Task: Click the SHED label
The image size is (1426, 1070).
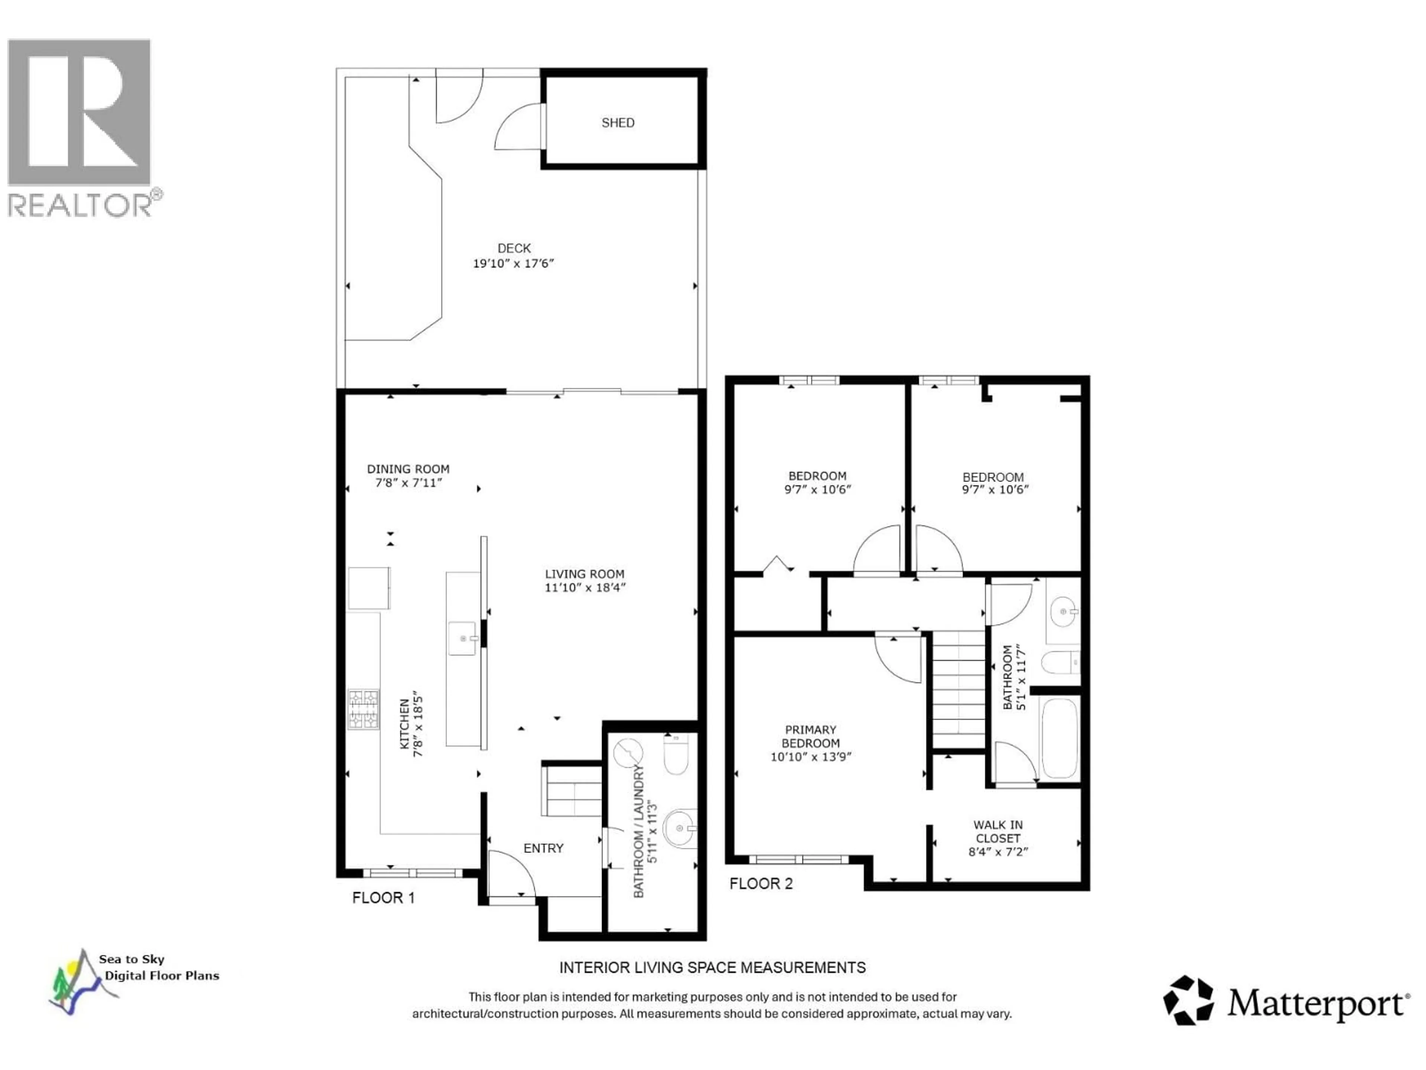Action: point(618,123)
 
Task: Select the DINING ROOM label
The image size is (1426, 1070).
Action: point(408,469)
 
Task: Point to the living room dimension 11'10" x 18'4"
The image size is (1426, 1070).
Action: point(585,587)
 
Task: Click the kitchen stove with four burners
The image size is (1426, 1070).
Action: point(364,710)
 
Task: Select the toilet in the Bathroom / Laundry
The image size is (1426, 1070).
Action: point(675,755)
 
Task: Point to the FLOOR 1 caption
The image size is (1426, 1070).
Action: point(383,898)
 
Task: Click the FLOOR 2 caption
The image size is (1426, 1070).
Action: point(761,883)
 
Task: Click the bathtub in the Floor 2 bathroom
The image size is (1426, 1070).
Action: point(1059,739)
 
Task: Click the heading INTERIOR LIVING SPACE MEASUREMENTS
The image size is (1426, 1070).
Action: point(712,967)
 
